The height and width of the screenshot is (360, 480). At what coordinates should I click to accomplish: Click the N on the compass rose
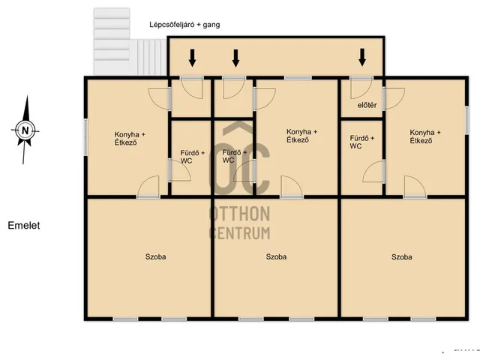pyautogui.click(x=25, y=130)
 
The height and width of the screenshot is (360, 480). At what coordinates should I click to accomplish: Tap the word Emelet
pyautogui.click(x=24, y=226)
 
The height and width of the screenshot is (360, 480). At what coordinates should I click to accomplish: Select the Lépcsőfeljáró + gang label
pyautogui.click(x=184, y=25)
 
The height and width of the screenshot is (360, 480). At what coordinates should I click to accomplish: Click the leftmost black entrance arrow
pyautogui.click(x=192, y=58)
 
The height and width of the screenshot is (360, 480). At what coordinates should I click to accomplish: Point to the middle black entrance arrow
pyautogui.click(x=235, y=58)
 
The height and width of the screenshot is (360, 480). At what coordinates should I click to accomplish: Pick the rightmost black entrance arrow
pyautogui.click(x=362, y=57)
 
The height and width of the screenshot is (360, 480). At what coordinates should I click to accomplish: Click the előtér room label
pyautogui.click(x=367, y=105)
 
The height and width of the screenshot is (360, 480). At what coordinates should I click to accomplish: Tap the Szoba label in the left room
pyautogui.click(x=155, y=256)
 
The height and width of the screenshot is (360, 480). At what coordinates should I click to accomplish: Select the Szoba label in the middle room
pyautogui.click(x=276, y=256)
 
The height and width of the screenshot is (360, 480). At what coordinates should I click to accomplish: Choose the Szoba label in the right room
pyautogui.click(x=402, y=256)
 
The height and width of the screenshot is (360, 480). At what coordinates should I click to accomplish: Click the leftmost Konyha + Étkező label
pyautogui.click(x=130, y=138)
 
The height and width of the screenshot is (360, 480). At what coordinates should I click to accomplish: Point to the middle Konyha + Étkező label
pyautogui.click(x=301, y=136)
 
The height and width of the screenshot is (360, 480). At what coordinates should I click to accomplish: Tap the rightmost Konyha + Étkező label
pyautogui.click(x=425, y=136)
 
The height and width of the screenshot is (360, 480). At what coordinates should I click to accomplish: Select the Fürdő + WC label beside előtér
pyautogui.click(x=361, y=142)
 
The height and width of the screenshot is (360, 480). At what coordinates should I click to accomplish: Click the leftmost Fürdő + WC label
pyautogui.click(x=192, y=157)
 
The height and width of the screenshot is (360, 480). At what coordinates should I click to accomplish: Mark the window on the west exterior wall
pyautogui.click(x=85, y=136)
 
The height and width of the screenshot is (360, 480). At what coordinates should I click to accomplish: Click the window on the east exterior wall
pyautogui.click(x=466, y=120)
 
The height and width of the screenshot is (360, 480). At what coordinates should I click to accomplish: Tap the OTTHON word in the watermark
pyautogui.click(x=239, y=214)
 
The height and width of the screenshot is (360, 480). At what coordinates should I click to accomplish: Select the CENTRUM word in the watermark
pyautogui.click(x=239, y=233)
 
